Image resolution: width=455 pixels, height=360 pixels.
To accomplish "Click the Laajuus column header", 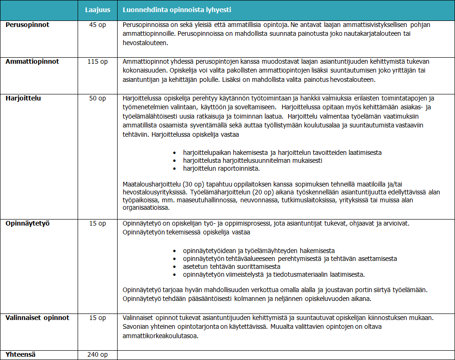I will pos(97,10).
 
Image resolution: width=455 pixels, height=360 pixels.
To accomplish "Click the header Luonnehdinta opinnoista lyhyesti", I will pos(177,10).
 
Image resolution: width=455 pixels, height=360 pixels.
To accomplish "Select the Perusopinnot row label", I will pos(27,25).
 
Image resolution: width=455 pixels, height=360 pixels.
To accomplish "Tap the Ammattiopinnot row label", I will pos(33,61).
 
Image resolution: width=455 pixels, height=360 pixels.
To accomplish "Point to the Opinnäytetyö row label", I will pos(28,223).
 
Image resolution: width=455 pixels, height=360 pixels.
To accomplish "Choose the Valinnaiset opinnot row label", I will pos(37,318).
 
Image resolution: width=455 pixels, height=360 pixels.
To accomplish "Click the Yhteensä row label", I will pos(21,354).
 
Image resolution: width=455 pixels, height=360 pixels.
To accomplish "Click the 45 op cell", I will pos(97,25).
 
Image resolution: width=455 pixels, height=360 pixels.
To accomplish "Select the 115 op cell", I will pos(97,61).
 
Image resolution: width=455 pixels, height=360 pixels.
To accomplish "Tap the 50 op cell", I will pos(97,98).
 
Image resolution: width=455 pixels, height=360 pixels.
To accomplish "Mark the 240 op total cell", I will pos(97,354).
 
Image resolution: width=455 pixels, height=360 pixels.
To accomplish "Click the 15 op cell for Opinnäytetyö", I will pos(97,223).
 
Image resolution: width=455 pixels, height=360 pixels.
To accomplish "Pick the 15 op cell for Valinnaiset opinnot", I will pos(97,318).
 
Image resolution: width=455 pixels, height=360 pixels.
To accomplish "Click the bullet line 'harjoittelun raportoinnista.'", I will pos(222,168).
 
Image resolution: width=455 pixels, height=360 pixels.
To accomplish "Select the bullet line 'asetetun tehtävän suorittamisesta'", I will pos(231,267).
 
